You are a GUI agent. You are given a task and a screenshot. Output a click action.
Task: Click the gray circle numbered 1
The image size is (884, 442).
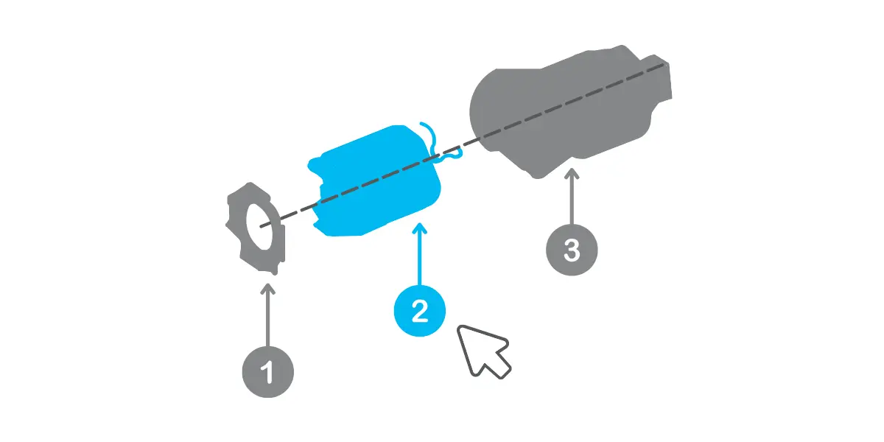[268, 372]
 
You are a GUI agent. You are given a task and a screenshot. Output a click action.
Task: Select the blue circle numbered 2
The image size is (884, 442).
[419, 311]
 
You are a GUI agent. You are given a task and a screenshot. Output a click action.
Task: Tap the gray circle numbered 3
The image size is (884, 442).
[572, 250]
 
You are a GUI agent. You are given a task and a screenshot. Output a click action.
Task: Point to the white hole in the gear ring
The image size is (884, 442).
[259, 227]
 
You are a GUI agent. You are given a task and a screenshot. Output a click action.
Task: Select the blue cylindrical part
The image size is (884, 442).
[375, 181]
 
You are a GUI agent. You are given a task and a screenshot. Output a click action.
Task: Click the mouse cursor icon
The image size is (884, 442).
[483, 351]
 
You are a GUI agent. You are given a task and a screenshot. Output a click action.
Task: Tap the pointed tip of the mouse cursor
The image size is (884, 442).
[458, 326]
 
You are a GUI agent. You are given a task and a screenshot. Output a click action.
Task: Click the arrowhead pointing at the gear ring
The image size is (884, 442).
[268, 289]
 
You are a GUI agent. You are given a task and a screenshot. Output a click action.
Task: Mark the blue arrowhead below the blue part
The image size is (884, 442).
[419, 228]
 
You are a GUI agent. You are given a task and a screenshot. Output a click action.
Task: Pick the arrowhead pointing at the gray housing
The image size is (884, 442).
[572, 174]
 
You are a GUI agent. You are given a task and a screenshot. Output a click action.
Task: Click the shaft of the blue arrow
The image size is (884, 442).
[419, 256]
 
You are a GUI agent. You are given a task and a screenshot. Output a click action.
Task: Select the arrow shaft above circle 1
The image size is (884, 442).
[268, 318]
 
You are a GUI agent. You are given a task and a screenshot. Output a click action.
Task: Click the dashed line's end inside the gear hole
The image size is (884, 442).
[262, 227]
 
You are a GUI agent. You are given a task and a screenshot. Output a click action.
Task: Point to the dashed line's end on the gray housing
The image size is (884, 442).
[664, 64]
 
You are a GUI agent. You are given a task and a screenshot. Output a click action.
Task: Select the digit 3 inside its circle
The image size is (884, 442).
[572, 250]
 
